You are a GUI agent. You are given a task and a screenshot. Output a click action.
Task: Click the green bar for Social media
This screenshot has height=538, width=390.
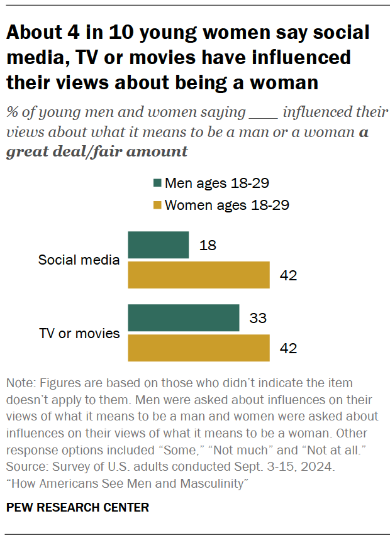point(159,245)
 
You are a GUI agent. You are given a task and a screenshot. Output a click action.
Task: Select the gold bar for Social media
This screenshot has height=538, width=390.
point(199,275)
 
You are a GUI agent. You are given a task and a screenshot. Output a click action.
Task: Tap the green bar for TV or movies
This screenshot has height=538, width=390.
point(184,318)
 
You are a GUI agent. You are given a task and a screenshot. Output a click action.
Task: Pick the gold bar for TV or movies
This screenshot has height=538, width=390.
point(199,348)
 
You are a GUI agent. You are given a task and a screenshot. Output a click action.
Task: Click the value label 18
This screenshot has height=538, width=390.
point(208,245)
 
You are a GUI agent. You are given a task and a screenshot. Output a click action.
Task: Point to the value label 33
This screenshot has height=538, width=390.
point(258,318)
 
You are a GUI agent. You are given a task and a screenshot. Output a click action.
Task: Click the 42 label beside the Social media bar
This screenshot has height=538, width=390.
point(288,275)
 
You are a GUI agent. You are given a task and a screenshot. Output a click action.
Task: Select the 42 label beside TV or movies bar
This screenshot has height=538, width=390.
point(288,348)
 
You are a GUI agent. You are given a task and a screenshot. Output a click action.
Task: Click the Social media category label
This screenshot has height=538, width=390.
point(79,260)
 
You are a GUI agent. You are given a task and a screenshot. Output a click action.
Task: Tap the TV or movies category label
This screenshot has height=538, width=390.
point(80,333)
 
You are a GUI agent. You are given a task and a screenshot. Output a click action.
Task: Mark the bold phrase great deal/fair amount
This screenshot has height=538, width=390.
point(97,151)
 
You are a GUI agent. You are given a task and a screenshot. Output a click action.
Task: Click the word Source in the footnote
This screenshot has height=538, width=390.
point(25,468)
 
